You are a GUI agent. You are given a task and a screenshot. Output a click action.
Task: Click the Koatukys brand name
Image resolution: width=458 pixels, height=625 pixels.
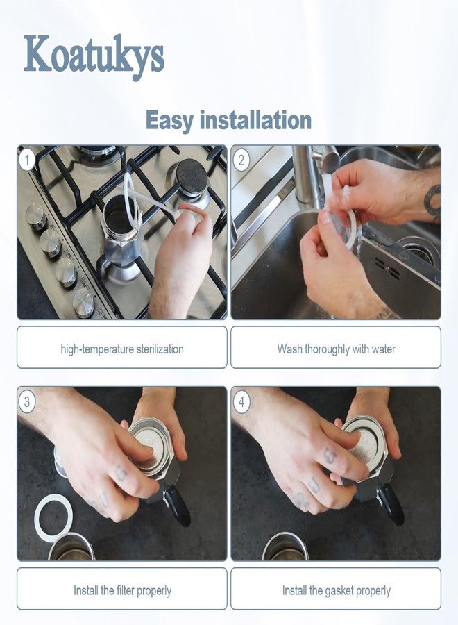pos(94,56)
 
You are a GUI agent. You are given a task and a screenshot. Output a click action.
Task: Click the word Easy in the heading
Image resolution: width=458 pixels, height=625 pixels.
pos(169,120)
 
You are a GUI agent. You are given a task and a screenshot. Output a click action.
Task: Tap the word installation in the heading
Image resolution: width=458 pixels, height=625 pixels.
pos(255,119)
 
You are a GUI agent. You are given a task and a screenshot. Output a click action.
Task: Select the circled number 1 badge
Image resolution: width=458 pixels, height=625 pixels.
pos(27,160)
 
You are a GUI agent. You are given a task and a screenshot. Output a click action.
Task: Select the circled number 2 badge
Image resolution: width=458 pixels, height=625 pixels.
pos(241,160)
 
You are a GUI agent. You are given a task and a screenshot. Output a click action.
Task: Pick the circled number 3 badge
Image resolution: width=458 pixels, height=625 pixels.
pos(27,402)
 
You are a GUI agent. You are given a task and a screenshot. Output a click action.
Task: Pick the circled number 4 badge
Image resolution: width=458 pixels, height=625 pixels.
pos(241,402)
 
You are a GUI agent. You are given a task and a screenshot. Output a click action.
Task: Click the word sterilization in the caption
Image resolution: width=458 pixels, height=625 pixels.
pos(160,349)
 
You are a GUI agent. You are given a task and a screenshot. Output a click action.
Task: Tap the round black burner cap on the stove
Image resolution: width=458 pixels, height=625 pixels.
pos(192,178)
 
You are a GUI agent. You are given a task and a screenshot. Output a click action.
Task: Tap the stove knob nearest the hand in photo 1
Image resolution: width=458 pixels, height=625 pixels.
pos(84,302)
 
